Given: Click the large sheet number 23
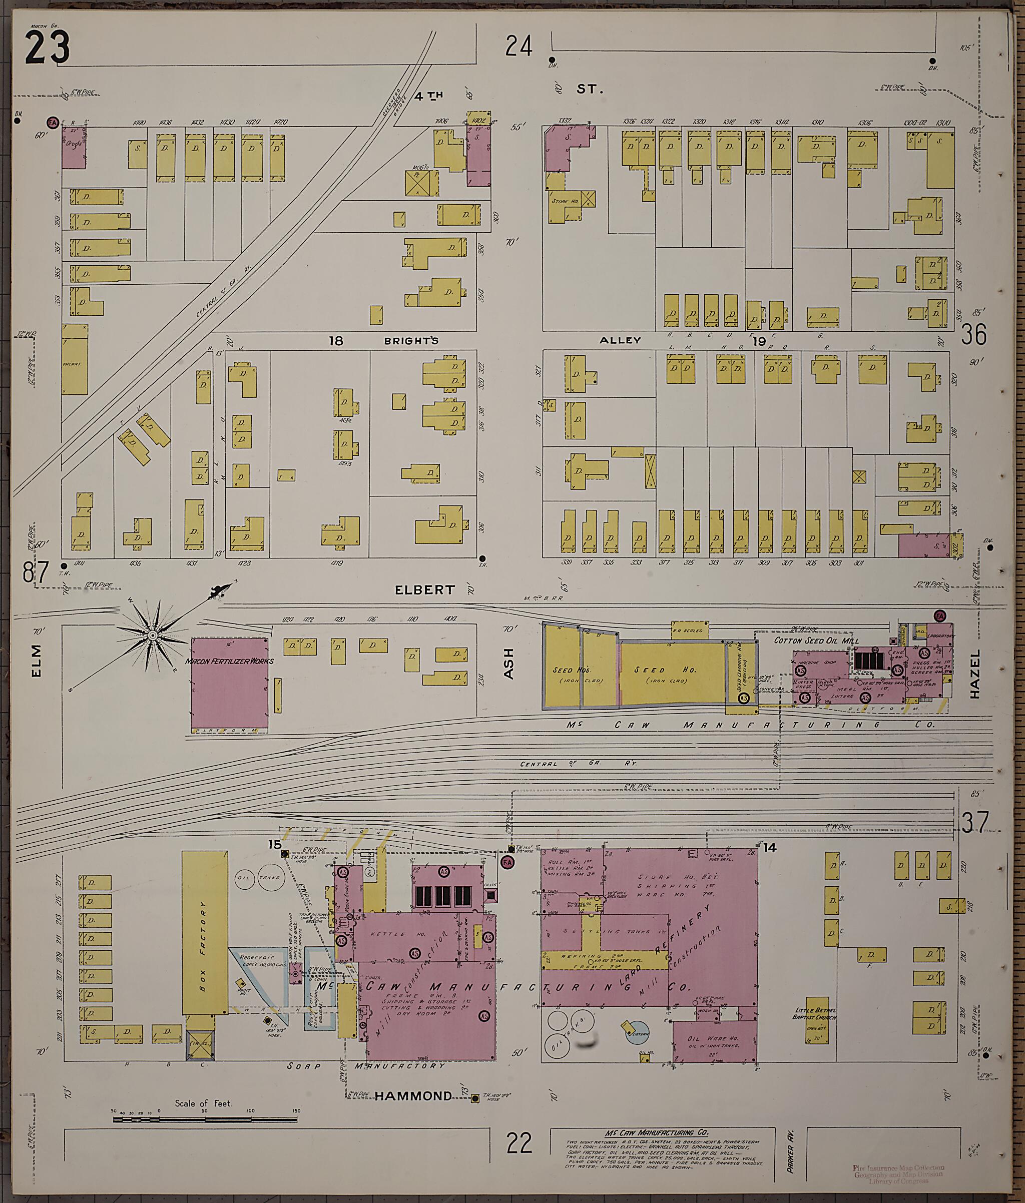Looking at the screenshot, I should click(48, 48).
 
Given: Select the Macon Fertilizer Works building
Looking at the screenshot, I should click(229, 683).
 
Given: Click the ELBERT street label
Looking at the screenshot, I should click(424, 590).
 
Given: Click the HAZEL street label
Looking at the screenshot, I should click(974, 674).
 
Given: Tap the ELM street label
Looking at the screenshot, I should click(37, 660).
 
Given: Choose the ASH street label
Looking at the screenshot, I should click(509, 664).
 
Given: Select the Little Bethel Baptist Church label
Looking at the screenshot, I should click(815, 1013).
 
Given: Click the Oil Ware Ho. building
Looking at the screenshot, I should click(714, 1041).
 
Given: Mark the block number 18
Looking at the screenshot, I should click(336, 341).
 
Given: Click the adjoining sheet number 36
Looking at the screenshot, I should click(973, 335).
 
